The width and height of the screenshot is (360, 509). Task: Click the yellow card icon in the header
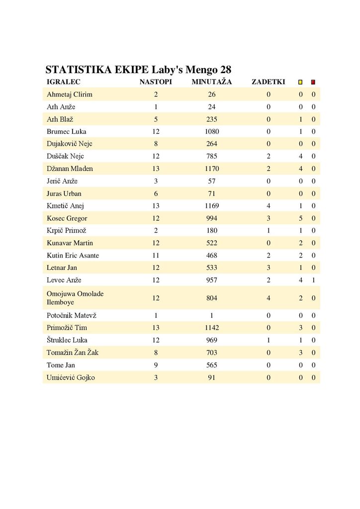[x=300, y=82]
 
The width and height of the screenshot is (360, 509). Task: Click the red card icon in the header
[x=313, y=82]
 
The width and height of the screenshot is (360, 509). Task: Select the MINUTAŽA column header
[x=212, y=82]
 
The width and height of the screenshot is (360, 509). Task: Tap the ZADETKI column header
[x=269, y=82]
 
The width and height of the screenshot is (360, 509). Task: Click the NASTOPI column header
[x=156, y=82]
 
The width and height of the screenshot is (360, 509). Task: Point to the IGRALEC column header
[x=64, y=82]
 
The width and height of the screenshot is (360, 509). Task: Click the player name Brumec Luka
[x=67, y=132]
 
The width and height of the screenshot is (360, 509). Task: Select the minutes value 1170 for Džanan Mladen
[x=212, y=169]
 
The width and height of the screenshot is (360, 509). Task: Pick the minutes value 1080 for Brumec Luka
[x=212, y=132]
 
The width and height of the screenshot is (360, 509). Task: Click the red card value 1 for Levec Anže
[x=313, y=280]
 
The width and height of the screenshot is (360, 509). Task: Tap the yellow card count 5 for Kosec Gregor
[x=300, y=218]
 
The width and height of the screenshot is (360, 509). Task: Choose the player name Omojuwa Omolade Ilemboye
[x=75, y=298]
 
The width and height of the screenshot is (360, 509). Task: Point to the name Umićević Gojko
[x=71, y=378]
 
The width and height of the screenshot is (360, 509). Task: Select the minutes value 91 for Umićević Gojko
[x=212, y=378]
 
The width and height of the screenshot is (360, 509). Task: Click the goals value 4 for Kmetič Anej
[x=269, y=206]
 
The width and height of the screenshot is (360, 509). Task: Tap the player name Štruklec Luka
[x=67, y=340]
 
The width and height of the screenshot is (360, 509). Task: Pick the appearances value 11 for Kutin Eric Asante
[x=156, y=255]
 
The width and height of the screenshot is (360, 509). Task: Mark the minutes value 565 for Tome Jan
[x=212, y=365]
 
